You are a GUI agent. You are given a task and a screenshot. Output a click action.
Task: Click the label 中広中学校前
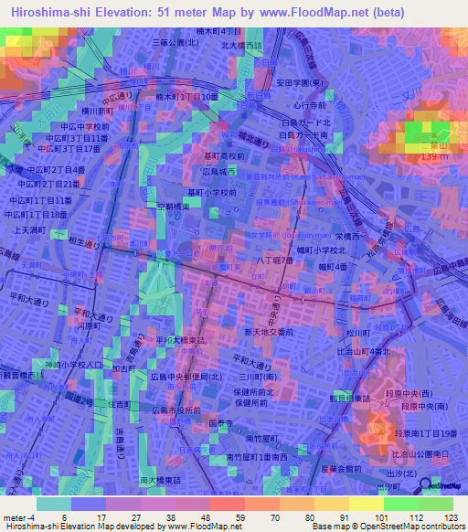[69, 127]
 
